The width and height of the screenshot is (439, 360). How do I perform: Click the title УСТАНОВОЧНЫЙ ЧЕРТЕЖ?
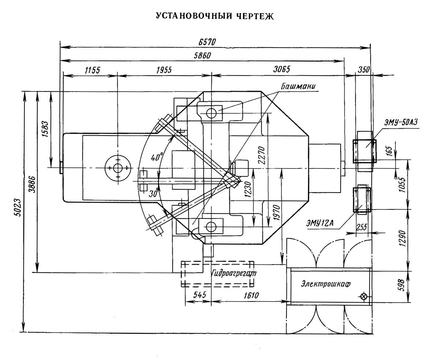(215, 16)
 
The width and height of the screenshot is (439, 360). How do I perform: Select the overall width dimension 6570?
(207, 42)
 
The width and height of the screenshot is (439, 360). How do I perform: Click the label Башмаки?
(298, 87)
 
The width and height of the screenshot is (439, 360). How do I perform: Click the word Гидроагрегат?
(234, 273)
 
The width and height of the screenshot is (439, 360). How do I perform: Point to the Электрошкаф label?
(321, 284)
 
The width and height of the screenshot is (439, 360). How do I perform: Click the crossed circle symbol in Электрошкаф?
(364, 296)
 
